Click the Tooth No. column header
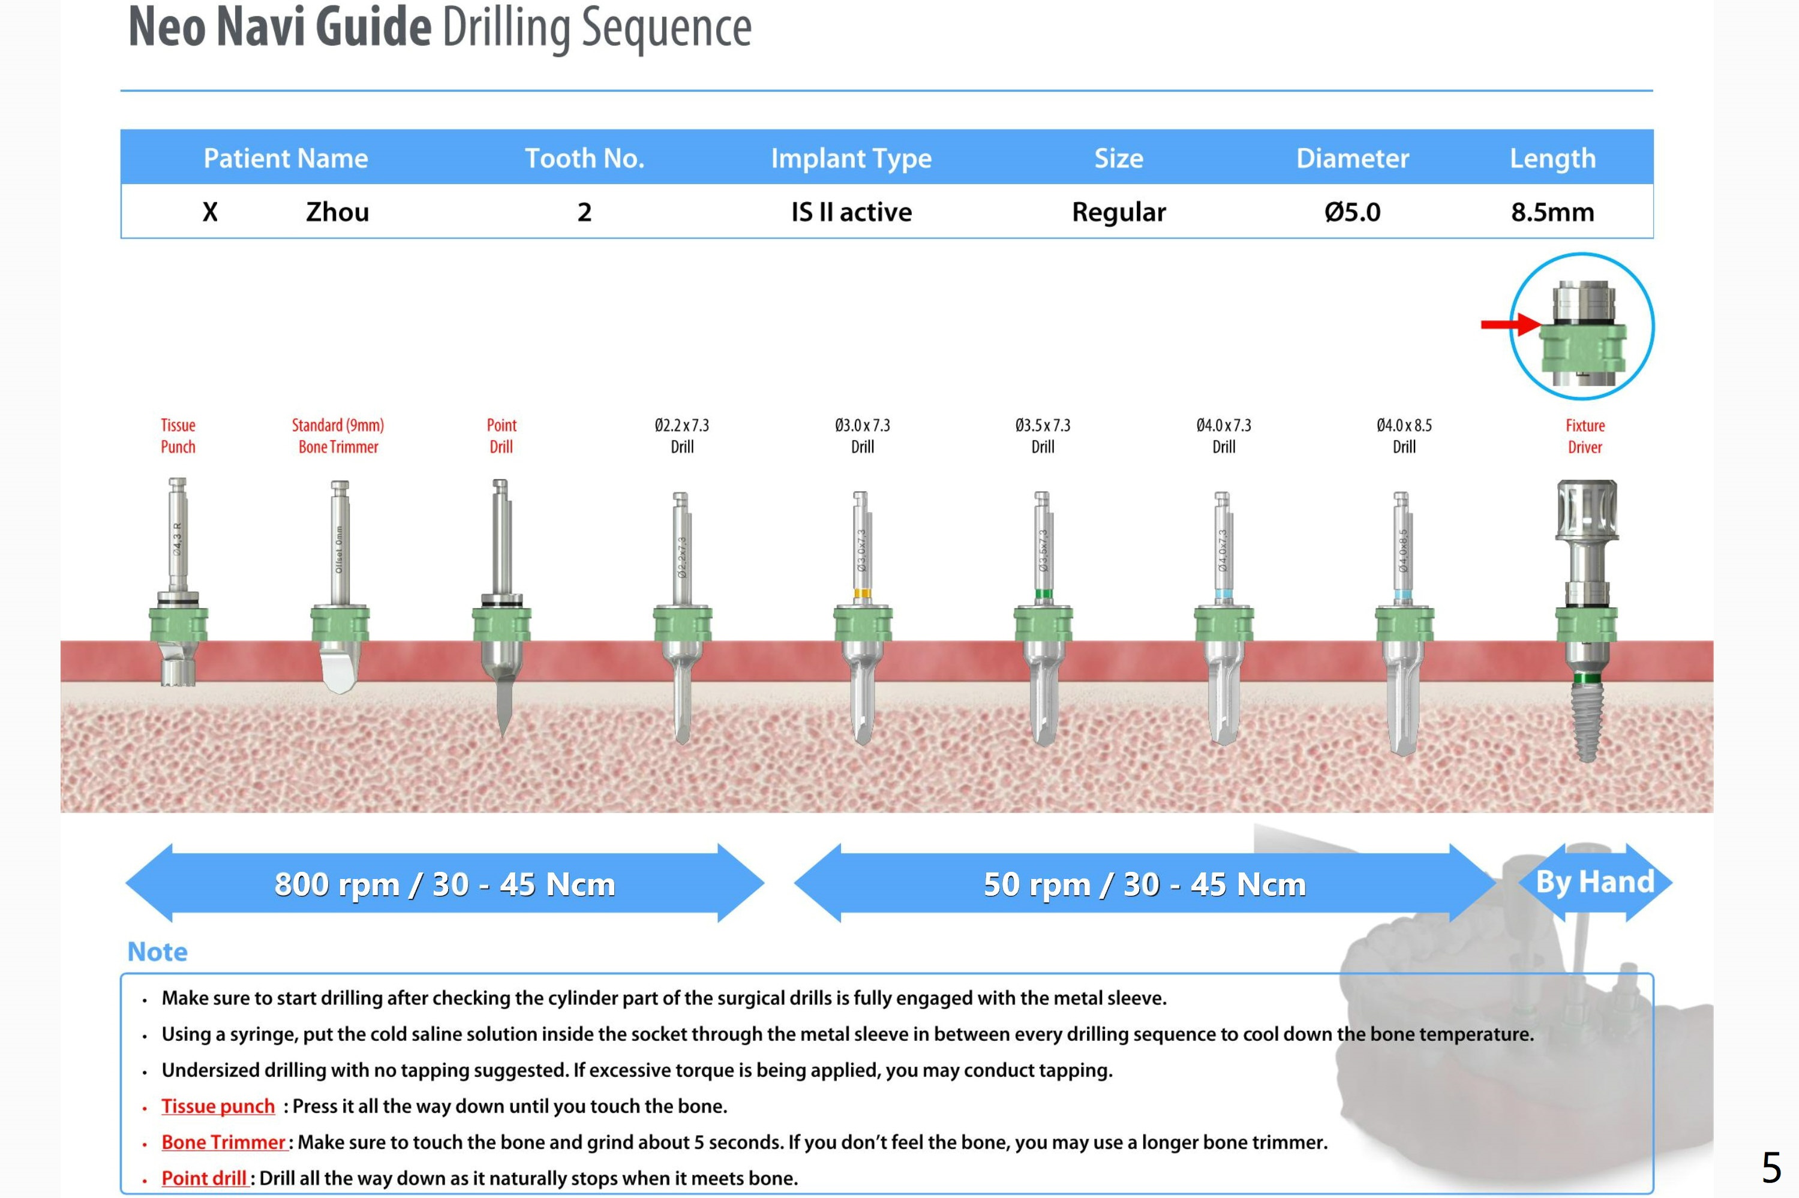pyautogui.click(x=585, y=158)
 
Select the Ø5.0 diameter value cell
pyautogui.click(x=1352, y=212)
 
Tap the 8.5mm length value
pyautogui.click(x=1552, y=212)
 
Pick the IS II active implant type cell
pyautogui.click(x=851, y=212)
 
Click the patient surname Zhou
pyautogui.click(x=337, y=212)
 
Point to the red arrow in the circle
pyautogui.click(x=1509, y=325)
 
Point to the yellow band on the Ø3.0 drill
pyautogui.click(x=862, y=594)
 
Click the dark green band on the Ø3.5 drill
pyautogui.click(x=1043, y=594)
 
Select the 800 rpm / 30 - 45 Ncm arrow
pyautogui.click(x=445, y=883)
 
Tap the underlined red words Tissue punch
pyautogui.click(x=218, y=1106)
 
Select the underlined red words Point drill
pyautogui.click(x=204, y=1178)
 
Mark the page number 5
pyautogui.click(x=1771, y=1167)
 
